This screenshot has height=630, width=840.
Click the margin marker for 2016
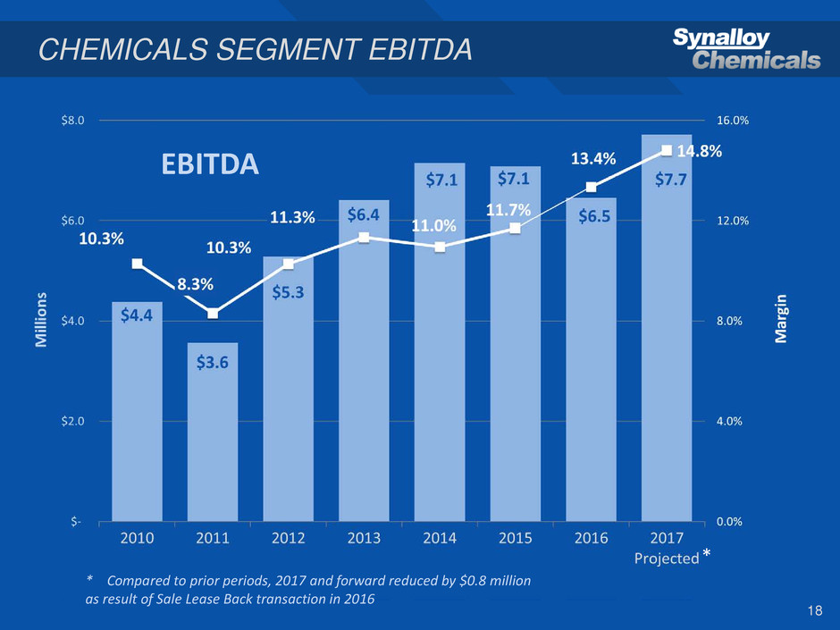coord(592,187)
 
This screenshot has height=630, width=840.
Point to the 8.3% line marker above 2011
coord(213,313)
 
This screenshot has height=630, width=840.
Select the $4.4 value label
coord(137,314)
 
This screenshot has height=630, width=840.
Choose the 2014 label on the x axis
coord(440,538)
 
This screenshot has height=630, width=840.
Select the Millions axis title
coord(40,319)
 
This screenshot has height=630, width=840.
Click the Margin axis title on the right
coord(782,319)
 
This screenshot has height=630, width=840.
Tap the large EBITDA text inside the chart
coord(209,164)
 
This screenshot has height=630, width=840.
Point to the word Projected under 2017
coord(666,559)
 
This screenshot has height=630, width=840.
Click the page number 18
coord(813,610)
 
